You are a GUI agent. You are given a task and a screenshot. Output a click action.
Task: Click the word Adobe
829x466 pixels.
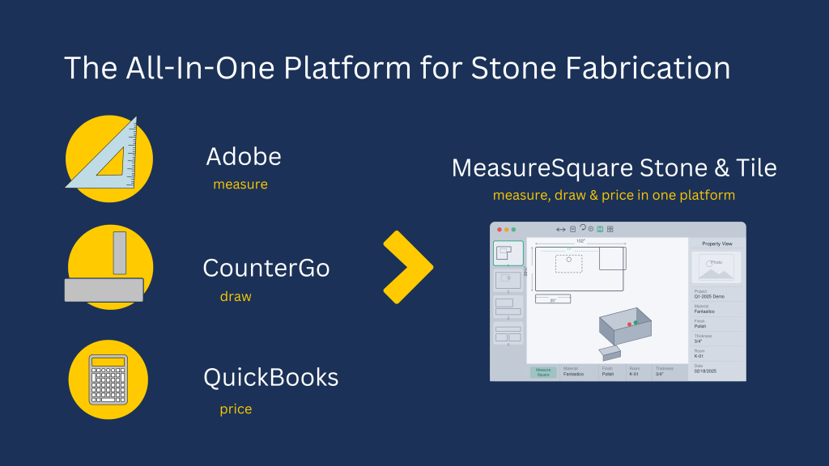point(244,156)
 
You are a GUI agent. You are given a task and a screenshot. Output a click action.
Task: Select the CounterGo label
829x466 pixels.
point(266,268)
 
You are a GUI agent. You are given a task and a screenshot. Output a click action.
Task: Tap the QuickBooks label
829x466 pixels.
point(270,378)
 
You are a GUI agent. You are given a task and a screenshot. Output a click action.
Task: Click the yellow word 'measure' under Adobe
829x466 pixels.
point(240,184)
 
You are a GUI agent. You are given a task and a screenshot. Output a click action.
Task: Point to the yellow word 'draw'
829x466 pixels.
point(236,297)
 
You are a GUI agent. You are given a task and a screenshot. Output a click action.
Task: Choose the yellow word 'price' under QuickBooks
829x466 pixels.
point(236,409)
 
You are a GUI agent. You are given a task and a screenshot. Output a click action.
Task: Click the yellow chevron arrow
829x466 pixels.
point(407,268)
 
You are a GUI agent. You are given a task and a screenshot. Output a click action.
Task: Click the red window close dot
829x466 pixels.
point(500,230)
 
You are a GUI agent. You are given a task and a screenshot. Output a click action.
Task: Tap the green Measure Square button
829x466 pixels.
point(543,372)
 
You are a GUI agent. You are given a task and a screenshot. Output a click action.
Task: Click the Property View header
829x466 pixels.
point(716,244)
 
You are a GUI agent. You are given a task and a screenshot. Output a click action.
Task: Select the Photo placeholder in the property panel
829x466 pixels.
point(716,267)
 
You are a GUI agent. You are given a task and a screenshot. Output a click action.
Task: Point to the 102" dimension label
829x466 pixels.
point(580,241)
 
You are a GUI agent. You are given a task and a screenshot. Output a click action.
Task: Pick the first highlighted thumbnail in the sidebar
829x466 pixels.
point(508,253)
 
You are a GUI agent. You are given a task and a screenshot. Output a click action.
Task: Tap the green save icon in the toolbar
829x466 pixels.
point(600,229)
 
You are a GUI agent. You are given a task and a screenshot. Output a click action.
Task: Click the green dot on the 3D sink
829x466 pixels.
point(636,322)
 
